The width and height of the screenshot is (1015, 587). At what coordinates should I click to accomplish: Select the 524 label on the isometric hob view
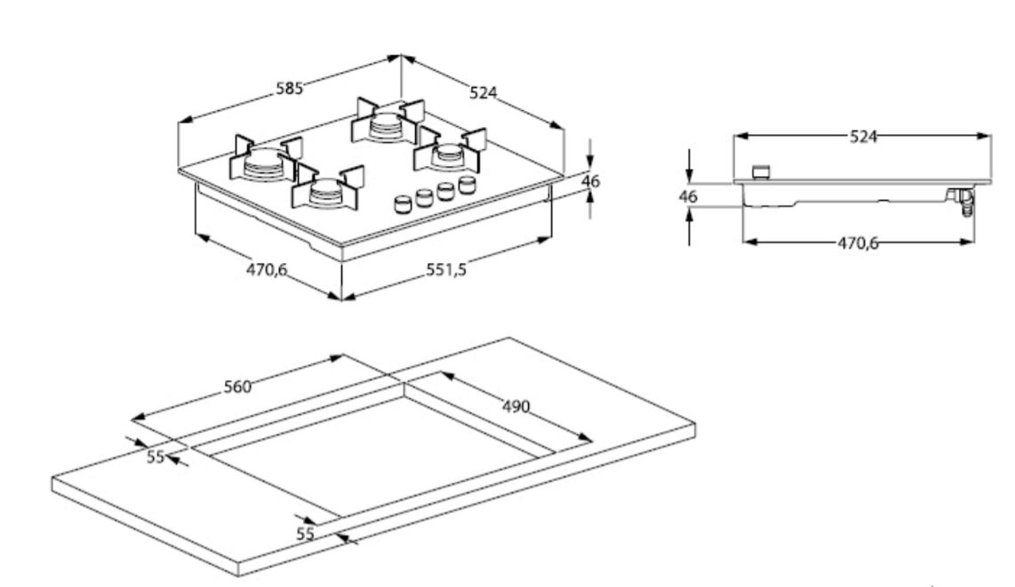click(484, 92)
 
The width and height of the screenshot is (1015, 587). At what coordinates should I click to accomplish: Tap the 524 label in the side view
click(864, 136)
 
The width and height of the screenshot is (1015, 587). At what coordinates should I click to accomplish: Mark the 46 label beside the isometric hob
click(590, 181)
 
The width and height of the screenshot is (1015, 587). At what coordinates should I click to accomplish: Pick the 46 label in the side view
click(688, 196)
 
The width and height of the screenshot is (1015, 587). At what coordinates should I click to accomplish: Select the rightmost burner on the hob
click(447, 155)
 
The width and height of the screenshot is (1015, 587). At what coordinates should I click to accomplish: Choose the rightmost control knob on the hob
click(467, 185)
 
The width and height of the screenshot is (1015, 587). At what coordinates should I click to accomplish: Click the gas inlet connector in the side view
click(960, 203)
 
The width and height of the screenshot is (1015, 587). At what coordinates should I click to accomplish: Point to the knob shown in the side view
click(760, 171)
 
